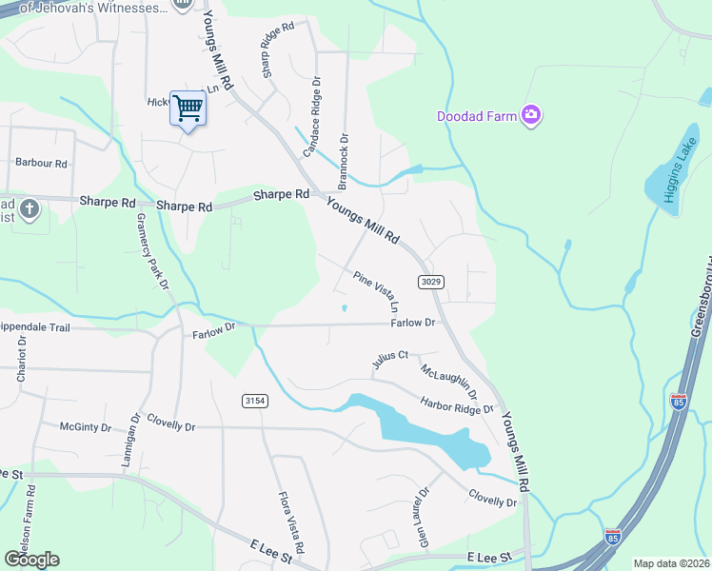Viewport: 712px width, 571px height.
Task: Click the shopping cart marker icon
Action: tap(188, 108)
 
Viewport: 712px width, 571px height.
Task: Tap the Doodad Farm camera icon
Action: tap(530, 116)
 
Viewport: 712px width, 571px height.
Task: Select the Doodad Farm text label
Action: tap(476, 117)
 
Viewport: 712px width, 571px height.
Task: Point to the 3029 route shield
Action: tap(430, 282)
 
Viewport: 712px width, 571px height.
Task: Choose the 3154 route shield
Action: tap(253, 401)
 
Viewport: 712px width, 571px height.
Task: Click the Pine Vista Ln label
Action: tap(376, 292)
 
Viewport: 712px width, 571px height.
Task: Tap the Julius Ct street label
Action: tap(390, 359)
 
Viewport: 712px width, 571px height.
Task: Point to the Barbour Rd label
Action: tap(41, 164)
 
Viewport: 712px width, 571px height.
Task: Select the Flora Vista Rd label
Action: tap(289, 522)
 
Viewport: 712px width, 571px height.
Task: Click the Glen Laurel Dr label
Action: tap(420, 519)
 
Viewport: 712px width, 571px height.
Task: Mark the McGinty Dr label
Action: tap(86, 427)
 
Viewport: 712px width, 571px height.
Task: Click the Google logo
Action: tap(30, 560)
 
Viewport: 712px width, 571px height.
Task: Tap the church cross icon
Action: tap(30, 207)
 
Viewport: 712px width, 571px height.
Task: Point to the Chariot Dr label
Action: tap(22, 359)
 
